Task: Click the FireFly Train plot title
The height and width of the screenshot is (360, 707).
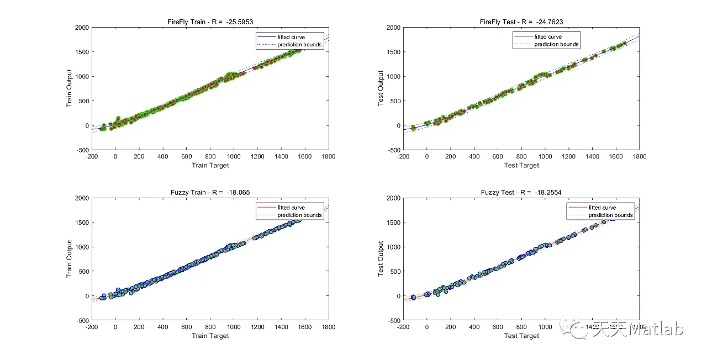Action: tap(210, 22)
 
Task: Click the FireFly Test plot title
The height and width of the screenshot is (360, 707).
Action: tap(521, 22)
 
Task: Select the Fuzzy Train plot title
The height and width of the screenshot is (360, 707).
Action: tap(210, 192)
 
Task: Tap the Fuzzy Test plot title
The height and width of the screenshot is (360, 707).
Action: tap(521, 192)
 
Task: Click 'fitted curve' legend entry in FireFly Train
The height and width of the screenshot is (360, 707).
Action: tap(291, 37)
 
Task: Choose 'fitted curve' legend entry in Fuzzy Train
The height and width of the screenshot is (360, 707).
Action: tap(291, 208)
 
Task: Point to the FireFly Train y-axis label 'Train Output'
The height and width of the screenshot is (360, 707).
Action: tap(70, 88)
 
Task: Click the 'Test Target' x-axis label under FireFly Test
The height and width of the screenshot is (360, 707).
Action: tap(521, 165)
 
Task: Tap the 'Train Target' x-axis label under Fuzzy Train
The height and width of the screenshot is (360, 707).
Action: tap(210, 336)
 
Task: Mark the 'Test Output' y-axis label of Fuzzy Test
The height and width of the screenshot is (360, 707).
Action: tap(381, 258)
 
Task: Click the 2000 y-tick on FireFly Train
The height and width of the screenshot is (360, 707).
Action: tap(81, 27)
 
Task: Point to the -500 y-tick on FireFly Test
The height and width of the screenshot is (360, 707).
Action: tap(393, 150)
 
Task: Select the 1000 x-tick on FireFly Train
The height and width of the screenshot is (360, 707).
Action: tap(234, 157)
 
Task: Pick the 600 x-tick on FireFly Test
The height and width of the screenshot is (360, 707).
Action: tap(498, 157)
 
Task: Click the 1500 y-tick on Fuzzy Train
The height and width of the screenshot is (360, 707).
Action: tap(81, 223)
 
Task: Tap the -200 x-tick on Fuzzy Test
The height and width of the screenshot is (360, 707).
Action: tap(403, 327)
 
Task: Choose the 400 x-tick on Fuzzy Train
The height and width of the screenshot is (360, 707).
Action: tap(162, 327)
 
